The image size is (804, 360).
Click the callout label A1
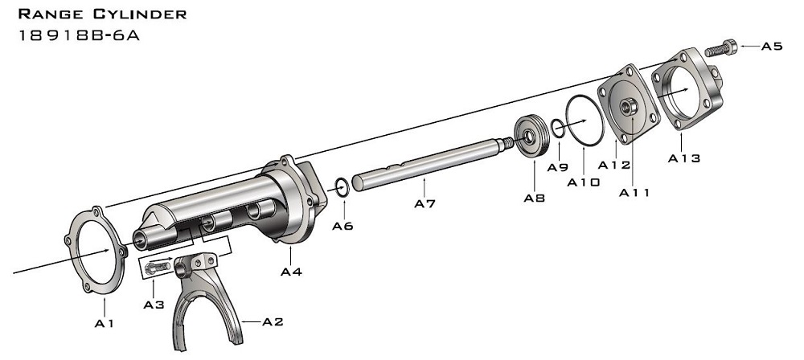[x=104, y=324]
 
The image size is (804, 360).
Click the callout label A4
[x=291, y=272]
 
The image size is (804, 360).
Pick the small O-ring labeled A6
[x=341, y=187]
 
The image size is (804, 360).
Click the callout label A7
[x=425, y=204]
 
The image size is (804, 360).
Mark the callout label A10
[x=583, y=182]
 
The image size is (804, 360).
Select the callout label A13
[x=684, y=158]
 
